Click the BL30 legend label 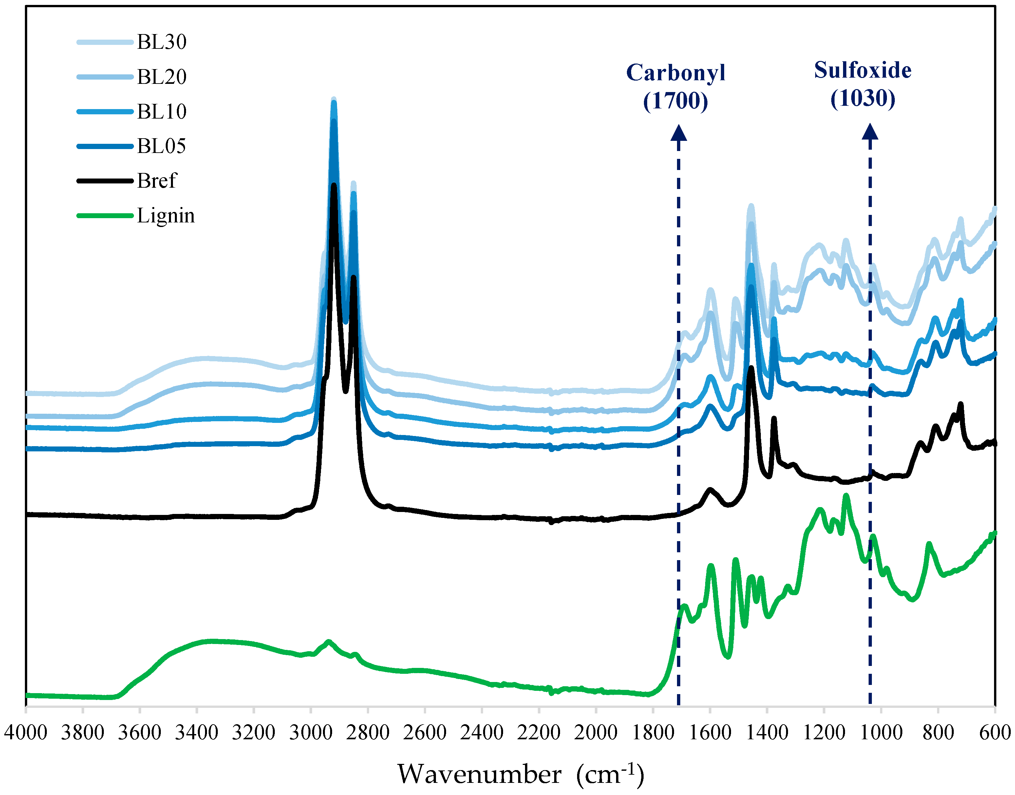[161, 42]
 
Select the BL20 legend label [161, 77]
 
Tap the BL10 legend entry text [161, 112]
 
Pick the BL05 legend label [161, 146]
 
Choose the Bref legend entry [157, 180]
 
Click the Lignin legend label [166, 216]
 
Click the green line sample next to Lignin [105, 216]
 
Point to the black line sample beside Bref [105, 180]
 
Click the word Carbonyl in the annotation [676, 73]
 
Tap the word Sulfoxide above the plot [862, 70]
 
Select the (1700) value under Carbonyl [676, 101]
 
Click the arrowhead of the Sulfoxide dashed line [870, 132]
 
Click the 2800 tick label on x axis [368, 733]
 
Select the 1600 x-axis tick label [710, 733]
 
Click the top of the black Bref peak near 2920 [334, 185]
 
